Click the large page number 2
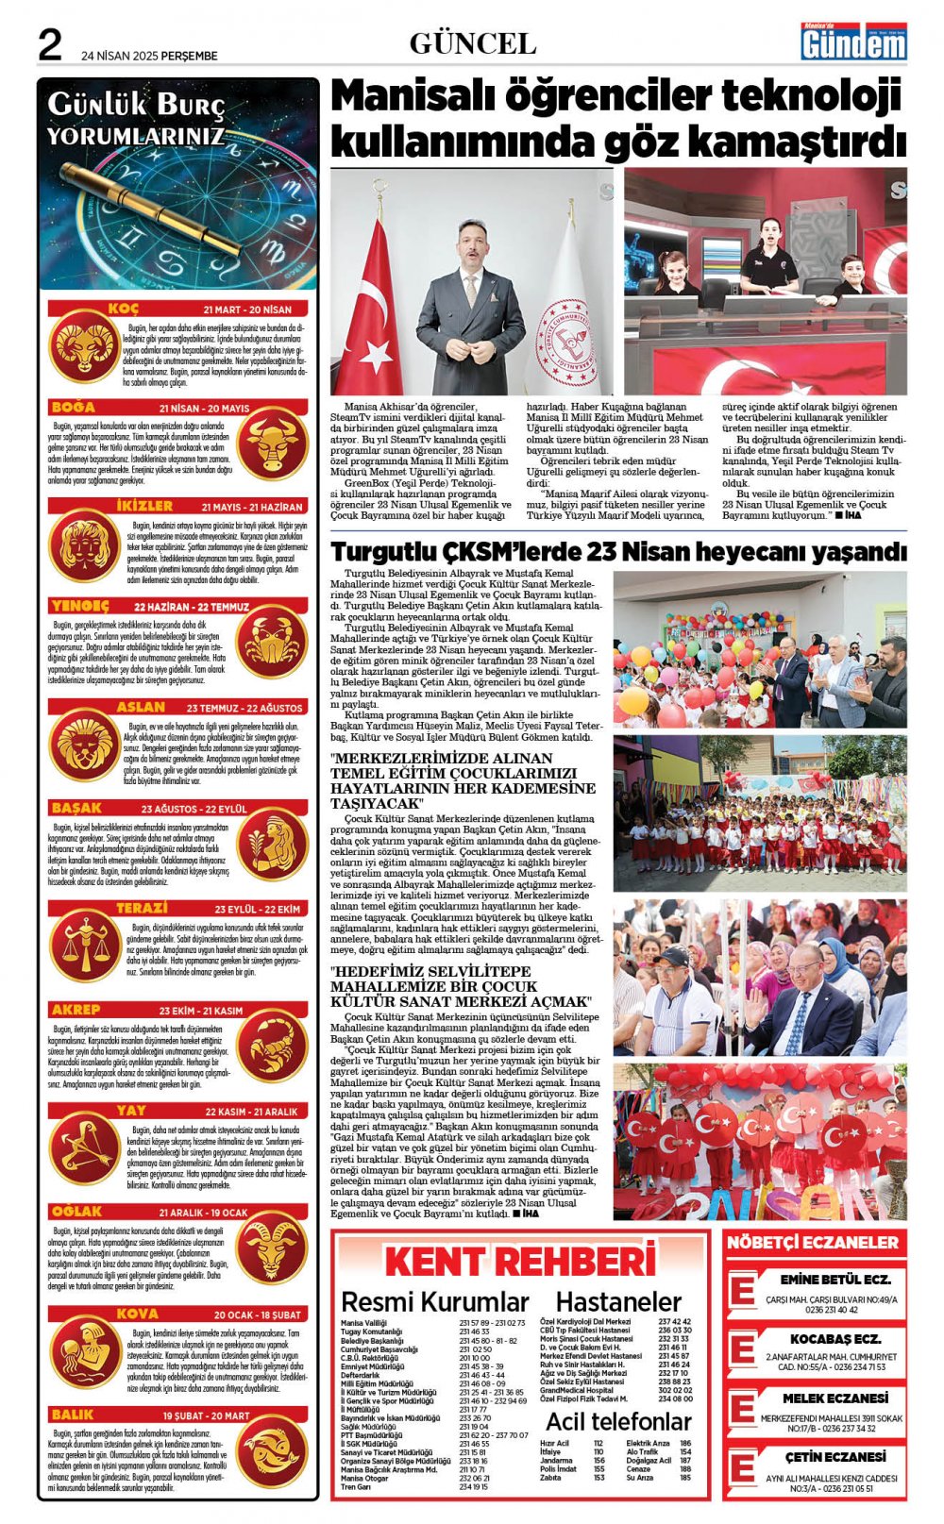point(49,43)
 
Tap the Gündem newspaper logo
point(853,42)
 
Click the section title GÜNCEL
point(473,43)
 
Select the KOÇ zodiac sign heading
point(124,309)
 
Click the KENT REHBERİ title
point(519,1262)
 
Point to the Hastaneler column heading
point(618,1302)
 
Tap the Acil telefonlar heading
point(618,1421)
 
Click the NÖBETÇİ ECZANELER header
point(813,1243)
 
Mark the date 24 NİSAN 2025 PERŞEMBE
point(149,56)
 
